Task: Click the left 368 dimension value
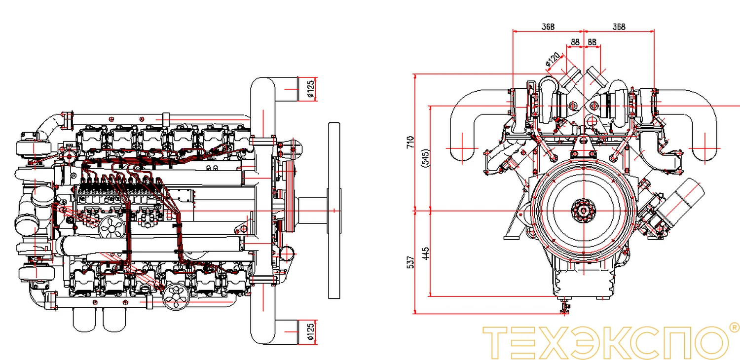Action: [x=548, y=27]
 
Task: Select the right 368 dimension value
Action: [x=619, y=27]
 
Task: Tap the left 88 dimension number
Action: [x=575, y=42]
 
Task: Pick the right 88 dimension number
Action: [x=592, y=42]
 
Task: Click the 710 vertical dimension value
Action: [x=410, y=142]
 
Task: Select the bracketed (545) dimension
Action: [x=426, y=158]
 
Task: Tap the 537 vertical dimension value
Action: [x=410, y=262]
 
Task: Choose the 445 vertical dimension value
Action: [x=426, y=253]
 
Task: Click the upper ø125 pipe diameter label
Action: [x=310, y=89]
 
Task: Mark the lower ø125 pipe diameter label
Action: [x=310, y=332]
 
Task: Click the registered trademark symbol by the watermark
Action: [x=734, y=327]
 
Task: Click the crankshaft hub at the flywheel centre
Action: [x=584, y=211]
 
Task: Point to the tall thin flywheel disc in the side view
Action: [x=334, y=211]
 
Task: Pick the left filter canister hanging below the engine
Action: [x=84, y=320]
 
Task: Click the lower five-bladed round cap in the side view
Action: [x=176, y=297]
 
